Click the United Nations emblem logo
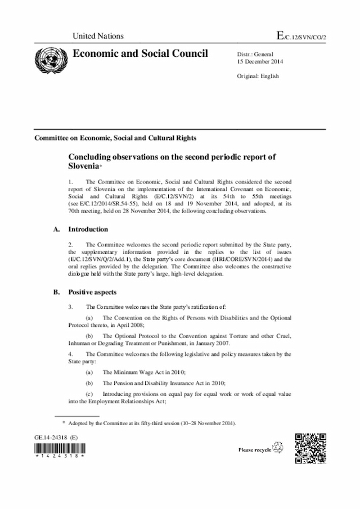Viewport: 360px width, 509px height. [47, 58]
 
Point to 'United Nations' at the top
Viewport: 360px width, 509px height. [98, 36]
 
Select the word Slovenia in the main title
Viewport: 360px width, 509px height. [86, 167]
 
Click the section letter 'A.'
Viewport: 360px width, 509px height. [56, 229]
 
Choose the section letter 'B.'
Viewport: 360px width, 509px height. [56, 292]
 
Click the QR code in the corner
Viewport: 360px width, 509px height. [310, 448]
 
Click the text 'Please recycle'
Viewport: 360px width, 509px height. [254, 450]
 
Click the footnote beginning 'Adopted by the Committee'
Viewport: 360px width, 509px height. [151, 423]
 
